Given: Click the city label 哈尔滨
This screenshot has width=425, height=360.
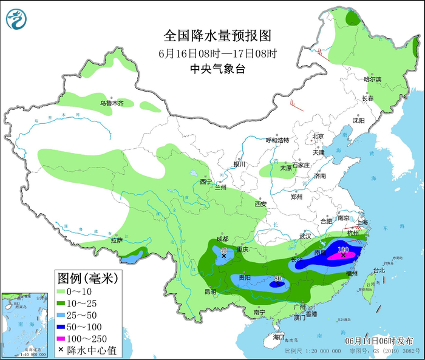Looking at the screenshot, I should (372, 80).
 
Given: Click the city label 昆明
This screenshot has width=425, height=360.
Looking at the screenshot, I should (210, 292).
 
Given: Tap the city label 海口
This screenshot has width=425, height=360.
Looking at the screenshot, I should (279, 336).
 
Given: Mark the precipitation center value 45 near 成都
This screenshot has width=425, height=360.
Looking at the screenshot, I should (223, 250).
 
